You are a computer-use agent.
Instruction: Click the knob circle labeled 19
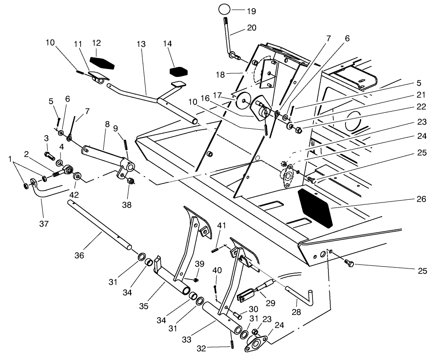coord(225,9)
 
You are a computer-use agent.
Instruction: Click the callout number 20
coord(251,28)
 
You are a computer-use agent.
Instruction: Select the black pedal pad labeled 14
coord(179,71)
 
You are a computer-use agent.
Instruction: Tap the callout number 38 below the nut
coord(126,205)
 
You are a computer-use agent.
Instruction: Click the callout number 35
coord(144,306)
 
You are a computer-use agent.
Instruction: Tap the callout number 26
coord(421,199)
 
